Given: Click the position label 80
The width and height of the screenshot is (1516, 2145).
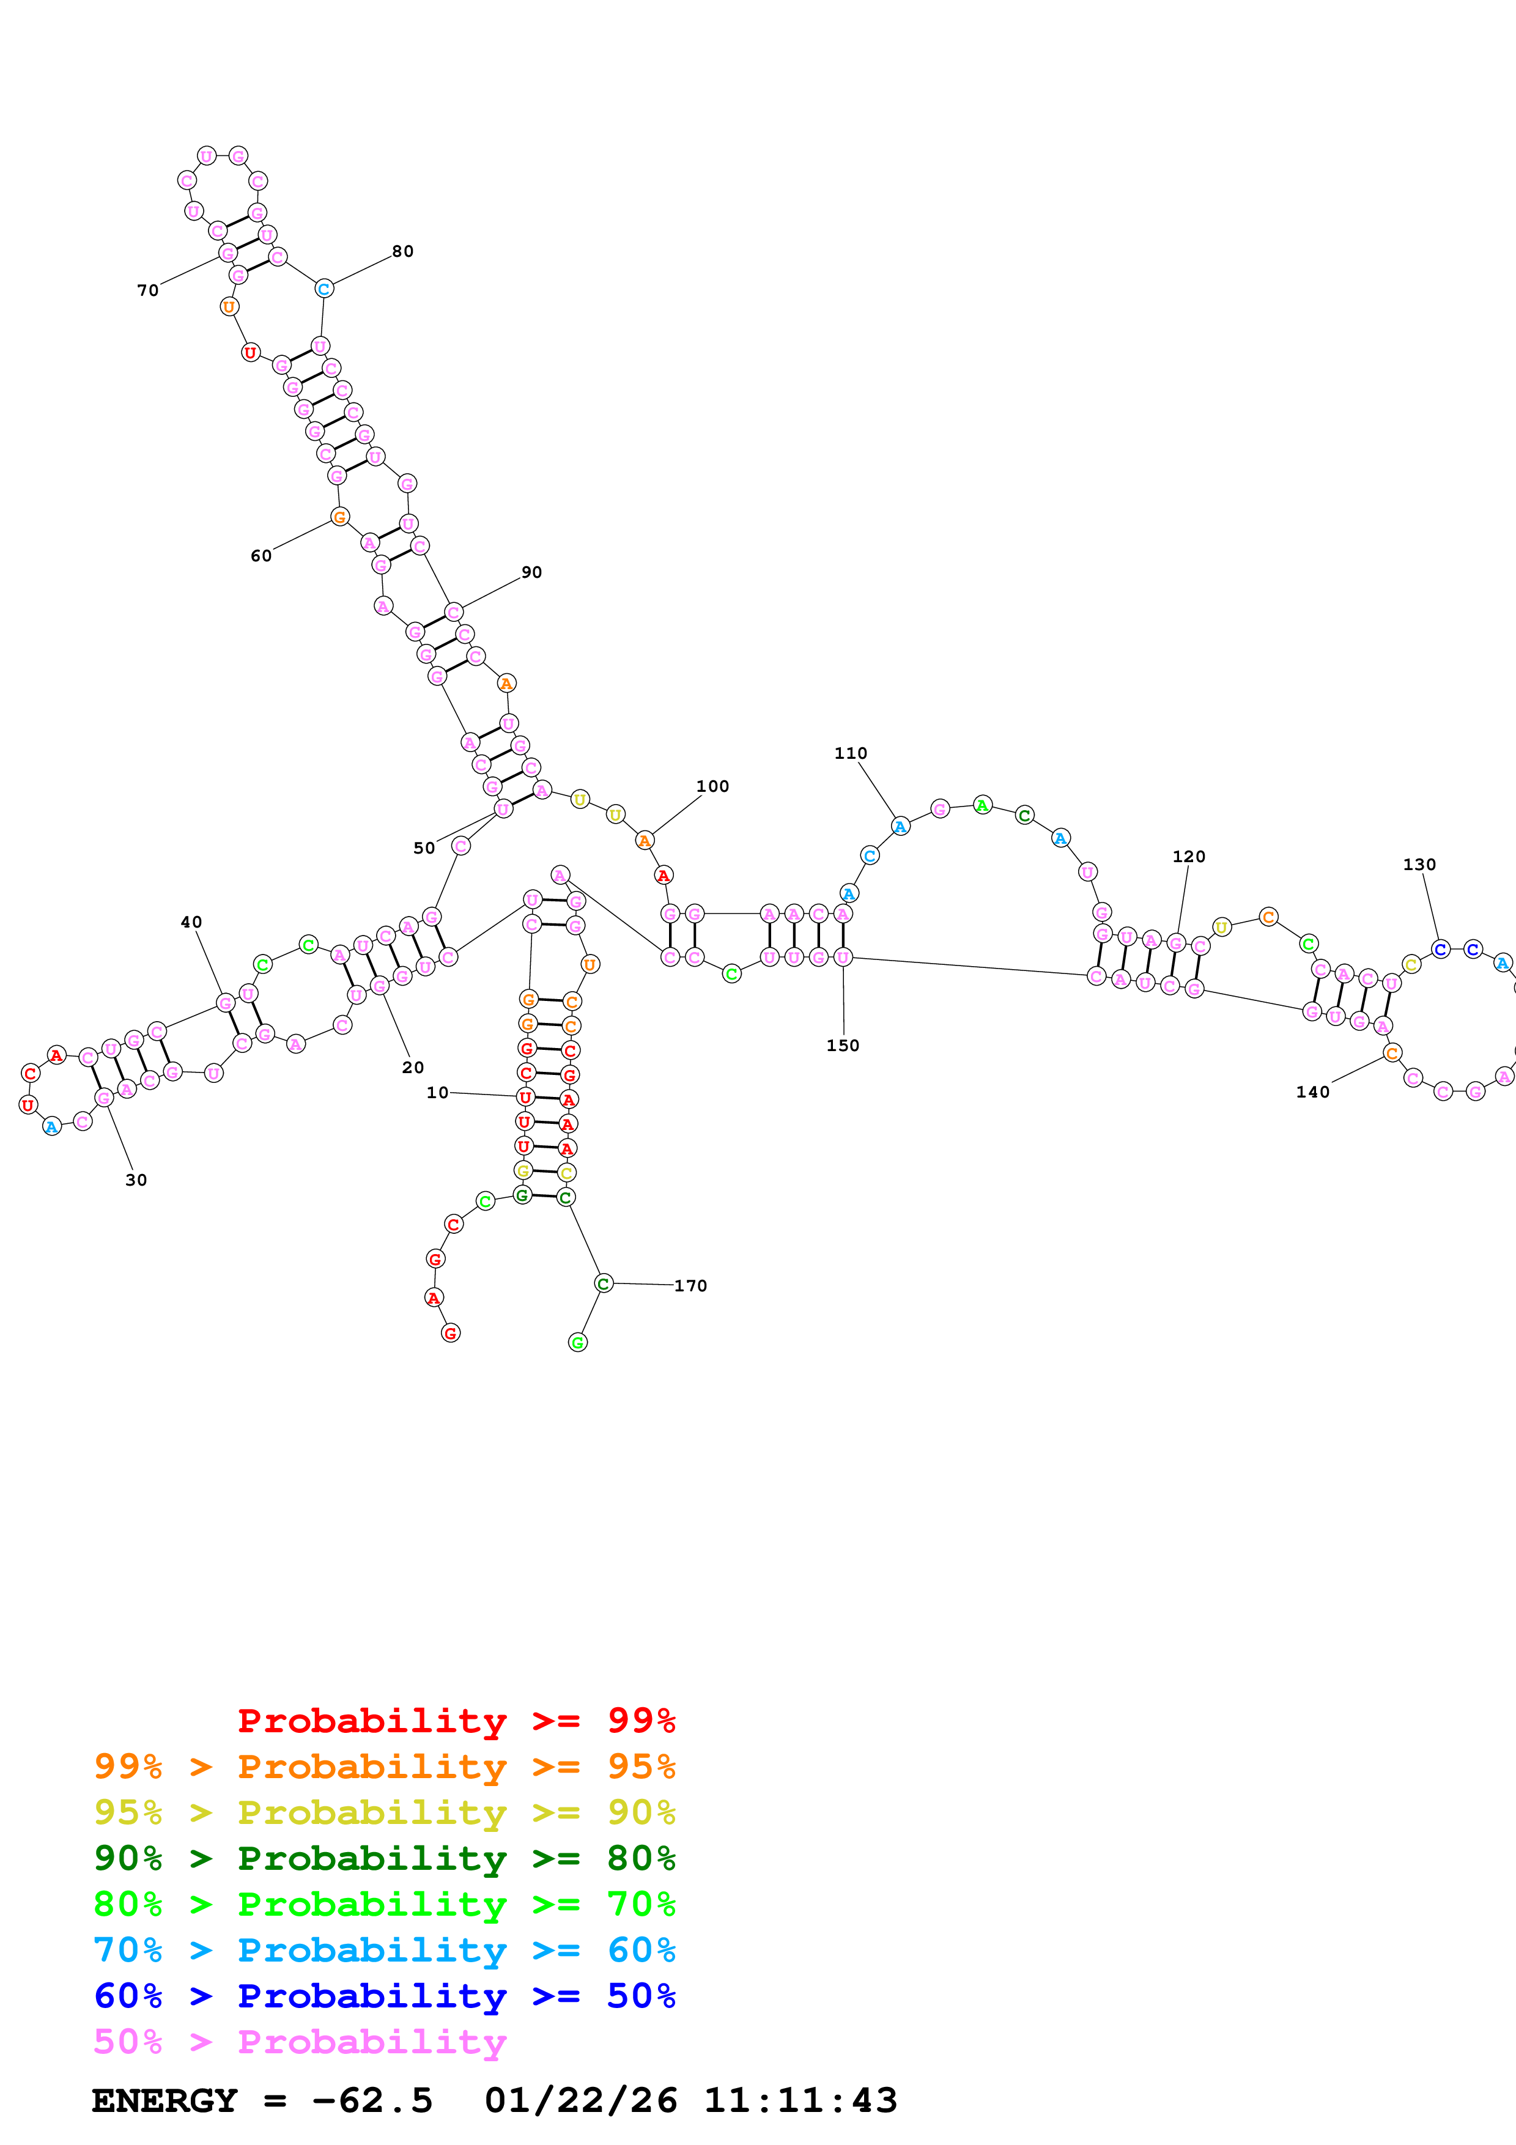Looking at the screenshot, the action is coord(402,251).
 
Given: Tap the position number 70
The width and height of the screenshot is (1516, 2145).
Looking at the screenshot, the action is coord(147,290).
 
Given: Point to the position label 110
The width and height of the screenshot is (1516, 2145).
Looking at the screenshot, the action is coord(850,753).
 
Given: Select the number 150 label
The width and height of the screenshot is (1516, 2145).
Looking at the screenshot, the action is coord(843,1046).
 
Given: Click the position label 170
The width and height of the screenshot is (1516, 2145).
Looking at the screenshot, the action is coord(690,1285).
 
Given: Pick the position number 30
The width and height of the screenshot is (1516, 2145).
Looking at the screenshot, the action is coord(136,1180).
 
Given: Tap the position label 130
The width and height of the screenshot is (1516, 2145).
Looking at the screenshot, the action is coord(1419,864).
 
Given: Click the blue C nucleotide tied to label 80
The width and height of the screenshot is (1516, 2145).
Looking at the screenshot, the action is coord(323,289).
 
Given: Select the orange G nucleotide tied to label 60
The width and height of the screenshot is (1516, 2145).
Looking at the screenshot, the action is coord(340,517).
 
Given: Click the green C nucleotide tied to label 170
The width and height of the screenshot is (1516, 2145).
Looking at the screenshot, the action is coord(604,1283).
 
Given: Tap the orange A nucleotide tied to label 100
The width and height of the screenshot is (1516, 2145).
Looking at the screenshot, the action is coord(645,841).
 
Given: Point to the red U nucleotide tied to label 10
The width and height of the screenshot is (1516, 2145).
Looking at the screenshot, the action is coord(525,1098).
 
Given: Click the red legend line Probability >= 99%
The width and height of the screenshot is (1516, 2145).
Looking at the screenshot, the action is coord(456,1721).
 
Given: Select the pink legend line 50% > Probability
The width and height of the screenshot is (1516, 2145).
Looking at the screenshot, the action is coord(299,2041).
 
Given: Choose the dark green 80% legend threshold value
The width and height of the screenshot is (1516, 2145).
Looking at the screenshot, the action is coord(641,1858).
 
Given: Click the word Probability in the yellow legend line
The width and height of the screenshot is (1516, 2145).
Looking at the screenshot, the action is coord(372,1812).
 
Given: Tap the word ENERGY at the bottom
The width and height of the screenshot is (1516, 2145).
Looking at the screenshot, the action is coord(165,2100).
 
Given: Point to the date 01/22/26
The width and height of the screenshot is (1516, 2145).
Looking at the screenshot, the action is coord(580,2100).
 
